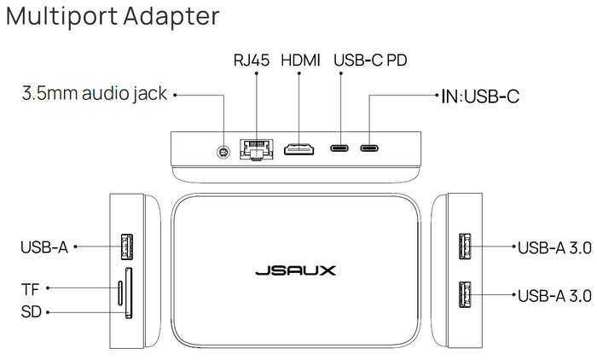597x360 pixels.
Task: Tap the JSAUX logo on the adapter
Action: tap(296, 271)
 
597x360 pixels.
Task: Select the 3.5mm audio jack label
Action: tap(95, 95)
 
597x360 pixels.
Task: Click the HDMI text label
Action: tap(299, 61)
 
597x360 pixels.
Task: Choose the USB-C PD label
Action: tap(370, 61)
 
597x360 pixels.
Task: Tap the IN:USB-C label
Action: tap(480, 96)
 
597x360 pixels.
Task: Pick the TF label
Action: tap(30, 288)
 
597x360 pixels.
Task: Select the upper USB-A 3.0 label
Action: tap(554, 248)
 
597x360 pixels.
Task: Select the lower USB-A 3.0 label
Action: tap(554, 295)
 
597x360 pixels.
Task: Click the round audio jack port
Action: tap(223, 151)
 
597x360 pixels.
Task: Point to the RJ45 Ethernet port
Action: tap(254, 149)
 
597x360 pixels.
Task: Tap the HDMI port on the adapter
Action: tap(299, 149)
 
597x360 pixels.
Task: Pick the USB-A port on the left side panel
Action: tap(128, 247)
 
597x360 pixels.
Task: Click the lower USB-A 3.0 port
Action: tap(467, 294)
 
